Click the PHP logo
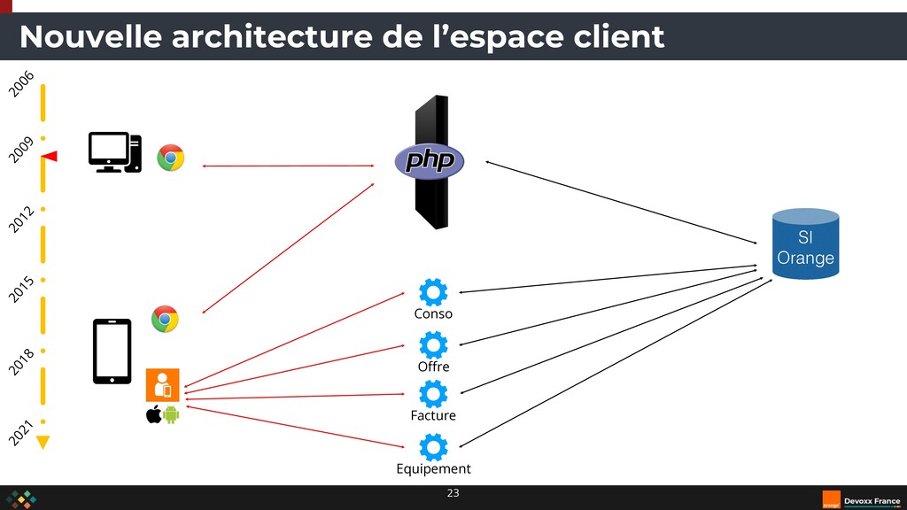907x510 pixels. point(430,160)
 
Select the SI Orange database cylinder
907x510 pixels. point(805,244)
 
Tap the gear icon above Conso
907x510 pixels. point(433,292)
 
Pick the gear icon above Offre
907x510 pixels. point(433,345)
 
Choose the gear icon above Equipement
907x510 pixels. point(433,448)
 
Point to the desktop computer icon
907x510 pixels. point(115,152)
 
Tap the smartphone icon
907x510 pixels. point(112,352)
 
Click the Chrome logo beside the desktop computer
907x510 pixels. point(171,158)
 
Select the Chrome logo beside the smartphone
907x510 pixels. point(165,319)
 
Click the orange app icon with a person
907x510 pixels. point(163,385)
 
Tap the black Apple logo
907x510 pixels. point(153,414)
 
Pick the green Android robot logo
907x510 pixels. point(172,414)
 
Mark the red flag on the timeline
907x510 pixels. point(50,157)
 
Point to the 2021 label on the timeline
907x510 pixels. point(22,433)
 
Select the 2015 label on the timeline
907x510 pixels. point(22,289)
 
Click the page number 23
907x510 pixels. point(453,493)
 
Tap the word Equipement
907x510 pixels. point(433,469)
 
